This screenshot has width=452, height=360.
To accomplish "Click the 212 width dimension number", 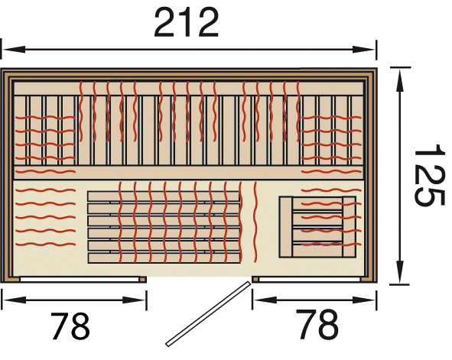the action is pos(187,22).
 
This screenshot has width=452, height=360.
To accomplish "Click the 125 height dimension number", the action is pos(428,175).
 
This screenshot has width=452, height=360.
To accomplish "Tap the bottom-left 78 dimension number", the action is pos(70,326).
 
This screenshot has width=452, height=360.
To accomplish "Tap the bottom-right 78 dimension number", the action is pos(317,324).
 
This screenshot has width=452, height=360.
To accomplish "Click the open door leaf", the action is pos(207,313).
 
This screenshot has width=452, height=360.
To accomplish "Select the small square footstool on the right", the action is pos(317,227).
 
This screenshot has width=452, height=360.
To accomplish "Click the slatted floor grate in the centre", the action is pos(164,227).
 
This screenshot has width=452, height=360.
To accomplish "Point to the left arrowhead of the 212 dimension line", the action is pos(14,49).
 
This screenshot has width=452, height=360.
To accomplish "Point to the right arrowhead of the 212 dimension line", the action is pos(364,50).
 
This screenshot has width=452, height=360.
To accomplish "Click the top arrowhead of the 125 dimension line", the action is pos(399,81).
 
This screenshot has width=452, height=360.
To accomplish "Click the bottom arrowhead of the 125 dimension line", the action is pos(399,272).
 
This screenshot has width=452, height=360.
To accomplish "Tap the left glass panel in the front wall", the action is pos(80,279).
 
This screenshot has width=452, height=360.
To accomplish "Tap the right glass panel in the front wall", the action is pos(310,279).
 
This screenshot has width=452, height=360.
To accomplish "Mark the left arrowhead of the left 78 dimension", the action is pos(15,300).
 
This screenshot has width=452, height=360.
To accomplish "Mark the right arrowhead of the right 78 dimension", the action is pos(364,300).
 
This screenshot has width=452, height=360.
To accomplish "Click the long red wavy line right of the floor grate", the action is pos(255,222).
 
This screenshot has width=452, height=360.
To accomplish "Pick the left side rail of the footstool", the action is pos(286,227).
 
